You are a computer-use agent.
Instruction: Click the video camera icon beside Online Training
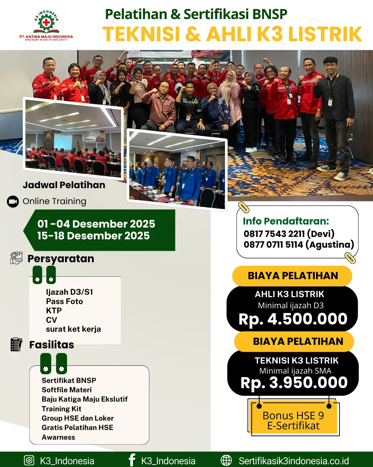[x=13, y=202]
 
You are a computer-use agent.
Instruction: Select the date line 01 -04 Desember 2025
[x=96, y=224]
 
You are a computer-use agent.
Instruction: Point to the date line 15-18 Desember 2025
[x=93, y=236]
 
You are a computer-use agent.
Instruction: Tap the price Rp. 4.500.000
[x=293, y=319]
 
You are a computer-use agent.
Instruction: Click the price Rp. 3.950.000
[x=294, y=383]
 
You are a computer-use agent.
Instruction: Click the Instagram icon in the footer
[x=29, y=460]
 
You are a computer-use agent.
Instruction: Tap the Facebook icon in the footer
[x=132, y=460]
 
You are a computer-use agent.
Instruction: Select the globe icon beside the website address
[x=226, y=460]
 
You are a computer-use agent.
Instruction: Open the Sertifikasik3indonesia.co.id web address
[x=294, y=461]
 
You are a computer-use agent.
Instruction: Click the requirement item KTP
[x=54, y=311]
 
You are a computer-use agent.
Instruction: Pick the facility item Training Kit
[x=61, y=409]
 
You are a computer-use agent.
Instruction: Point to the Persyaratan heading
[x=61, y=259]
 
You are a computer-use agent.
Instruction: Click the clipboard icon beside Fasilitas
[x=16, y=344]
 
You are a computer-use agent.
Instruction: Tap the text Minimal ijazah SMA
[x=295, y=371]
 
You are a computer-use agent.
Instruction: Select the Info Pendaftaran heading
[x=286, y=221]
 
